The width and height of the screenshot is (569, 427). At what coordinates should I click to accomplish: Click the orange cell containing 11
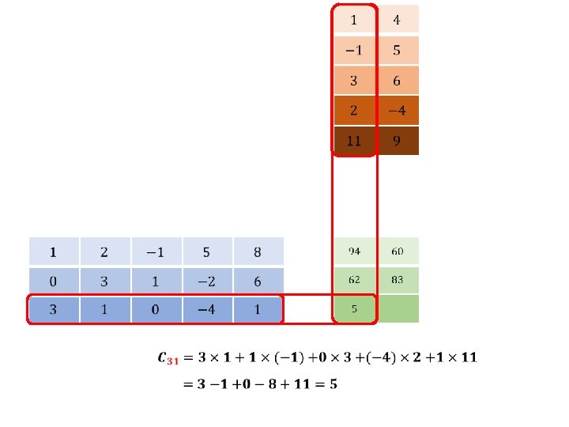(x=354, y=141)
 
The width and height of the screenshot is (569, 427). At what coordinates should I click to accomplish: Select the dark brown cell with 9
(x=398, y=141)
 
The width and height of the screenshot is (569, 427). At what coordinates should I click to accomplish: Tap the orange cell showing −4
(x=398, y=111)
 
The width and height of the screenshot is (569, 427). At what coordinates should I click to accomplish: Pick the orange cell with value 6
(x=398, y=81)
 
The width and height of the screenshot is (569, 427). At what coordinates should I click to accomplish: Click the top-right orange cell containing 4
(x=398, y=20)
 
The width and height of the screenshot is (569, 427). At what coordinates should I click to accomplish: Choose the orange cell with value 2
(x=354, y=111)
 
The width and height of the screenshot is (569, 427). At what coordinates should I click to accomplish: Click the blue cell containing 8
(x=258, y=252)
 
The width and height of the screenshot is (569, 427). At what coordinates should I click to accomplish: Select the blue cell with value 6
(x=258, y=281)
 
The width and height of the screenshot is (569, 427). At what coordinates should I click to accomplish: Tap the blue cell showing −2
(x=206, y=281)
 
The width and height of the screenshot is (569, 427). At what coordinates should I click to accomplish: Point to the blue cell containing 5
(x=206, y=252)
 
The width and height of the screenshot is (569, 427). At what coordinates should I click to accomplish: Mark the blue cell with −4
(x=206, y=309)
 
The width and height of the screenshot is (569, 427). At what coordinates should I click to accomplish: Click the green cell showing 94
(x=354, y=251)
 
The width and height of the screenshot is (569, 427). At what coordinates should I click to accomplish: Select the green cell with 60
(x=398, y=251)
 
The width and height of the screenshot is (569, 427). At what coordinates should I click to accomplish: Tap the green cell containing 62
(x=354, y=280)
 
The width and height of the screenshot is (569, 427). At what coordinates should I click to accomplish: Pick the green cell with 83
(x=398, y=280)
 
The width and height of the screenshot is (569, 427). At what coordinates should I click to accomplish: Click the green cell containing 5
(x=354, y=309)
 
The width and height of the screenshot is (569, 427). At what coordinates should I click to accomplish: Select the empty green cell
(x=398, y=309)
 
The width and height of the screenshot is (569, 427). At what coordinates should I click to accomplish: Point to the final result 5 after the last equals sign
(x=334, y=384)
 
